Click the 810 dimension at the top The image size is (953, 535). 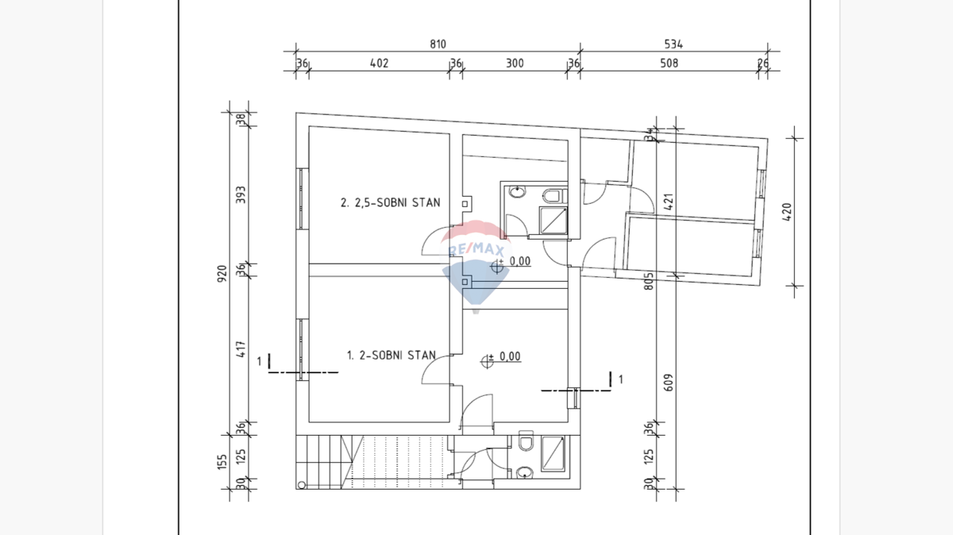pyautogui.click(x=438, y=44)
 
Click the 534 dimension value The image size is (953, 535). pyautogui.click(x=673, y=44)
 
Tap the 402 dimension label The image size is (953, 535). pyautogui.click(x=379, y=64)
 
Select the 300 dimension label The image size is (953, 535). pyautogui.click(x=515, y=64)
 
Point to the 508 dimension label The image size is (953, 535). pyautogui.click(x=669, y=64)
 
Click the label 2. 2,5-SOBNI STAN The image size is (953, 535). pyautogui.click(x=390, y=202)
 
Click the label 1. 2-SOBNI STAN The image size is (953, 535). pyautogui.click(x=391, y=356)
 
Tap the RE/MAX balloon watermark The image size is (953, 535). pyautogui.click(x=475, y=262)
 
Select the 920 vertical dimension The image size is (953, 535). pyautogui.click(x=222, y=273)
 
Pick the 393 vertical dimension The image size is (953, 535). pyautogui.click(x=241, y=195)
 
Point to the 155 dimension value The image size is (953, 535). pyautogui.click(x=222, y=460)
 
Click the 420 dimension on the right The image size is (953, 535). pyautogui.click(x=788, y=212)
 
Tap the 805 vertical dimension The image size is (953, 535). pyautogui.click(x=649, y=281)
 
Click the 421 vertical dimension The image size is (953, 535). pyautogui.click(x=669, y=203)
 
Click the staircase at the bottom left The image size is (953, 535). pyautogui.click(x=373, y=461)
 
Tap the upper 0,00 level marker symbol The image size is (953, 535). pyautogui.click(x=499, y=267)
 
